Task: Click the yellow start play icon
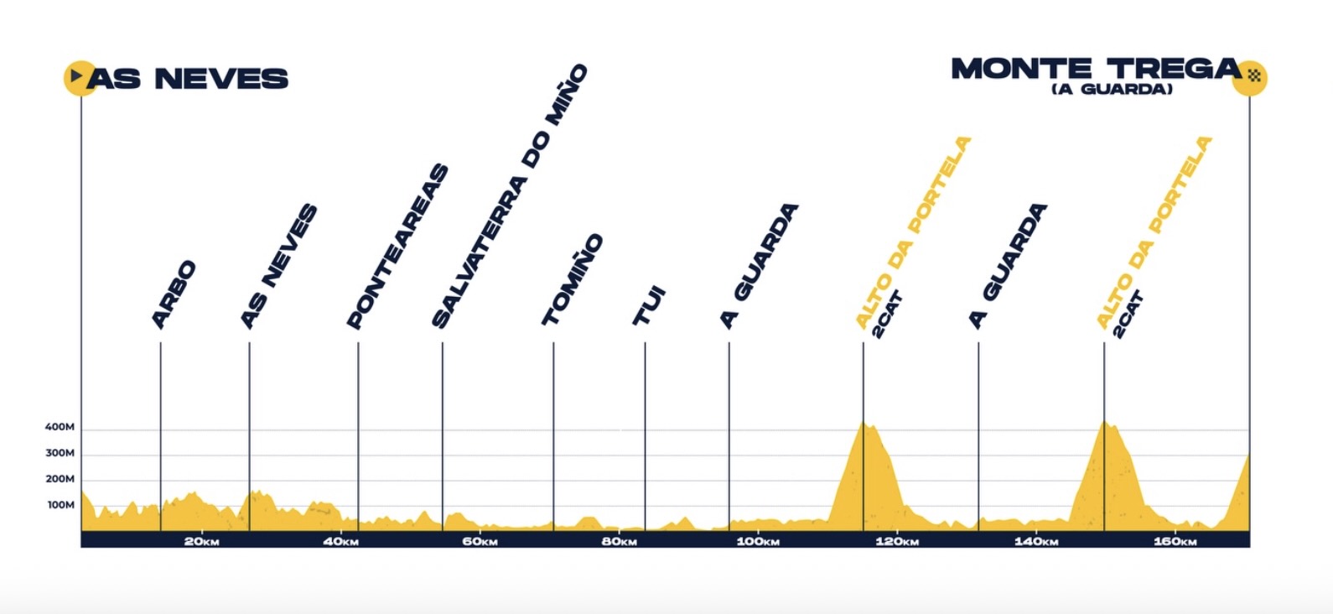pyautogui.click(x=78, y=77)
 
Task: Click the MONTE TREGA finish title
pyautogui.click(x=1095, y=68)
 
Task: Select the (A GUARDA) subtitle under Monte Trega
pyautogui.click(x=1112, y=89)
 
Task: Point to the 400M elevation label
pyautogui.click(x=60, y=427)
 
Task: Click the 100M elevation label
pyautogui.click(x=60, y=505)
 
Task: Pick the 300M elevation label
pyautogui.click(x=60, y=453)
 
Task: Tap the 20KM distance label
pyautogui.click(x=201, y=541)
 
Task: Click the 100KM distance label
pyautogui.click(x=758, y=541)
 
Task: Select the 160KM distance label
pyautogui.click(x=1175, y=541)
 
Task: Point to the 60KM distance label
pyautogui.click(x=480, y=541)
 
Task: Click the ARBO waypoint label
pyautogui.click(x=174, y=294)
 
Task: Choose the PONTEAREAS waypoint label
pyautogui.click(x=398, y=247)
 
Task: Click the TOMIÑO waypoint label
pyautogui.click(x=573, y=279)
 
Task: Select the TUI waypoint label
pyautogui.click(x=649, y=306)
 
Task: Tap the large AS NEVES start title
pyautogui.click(x=188, y=79)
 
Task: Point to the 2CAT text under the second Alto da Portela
pyautogui.click(x=1128, y=314)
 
